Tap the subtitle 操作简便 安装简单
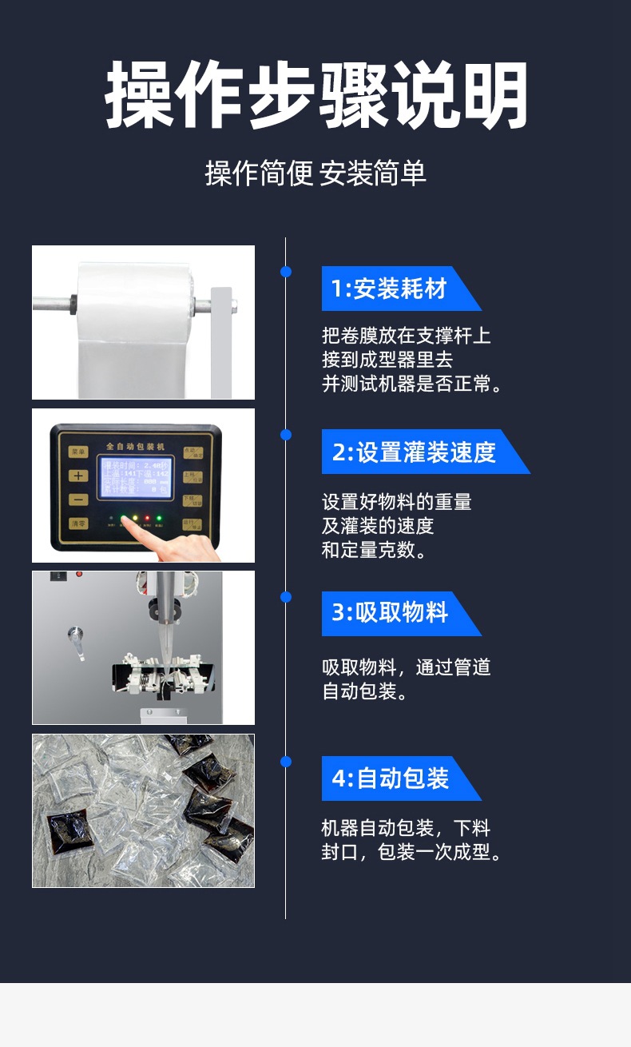tap(315, 173)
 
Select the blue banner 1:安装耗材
tap(391, 289)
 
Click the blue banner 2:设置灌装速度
tap(415, 452)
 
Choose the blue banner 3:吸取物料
tap(391, 614)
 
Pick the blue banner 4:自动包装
tap(391, 778)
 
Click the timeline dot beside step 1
tap(286, 273)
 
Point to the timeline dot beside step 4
tap(286, 762)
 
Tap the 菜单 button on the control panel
tap(77, 451)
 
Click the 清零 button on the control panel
tap(77, 524)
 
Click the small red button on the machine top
tap(79, 574)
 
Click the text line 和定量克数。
tap(374, 550)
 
